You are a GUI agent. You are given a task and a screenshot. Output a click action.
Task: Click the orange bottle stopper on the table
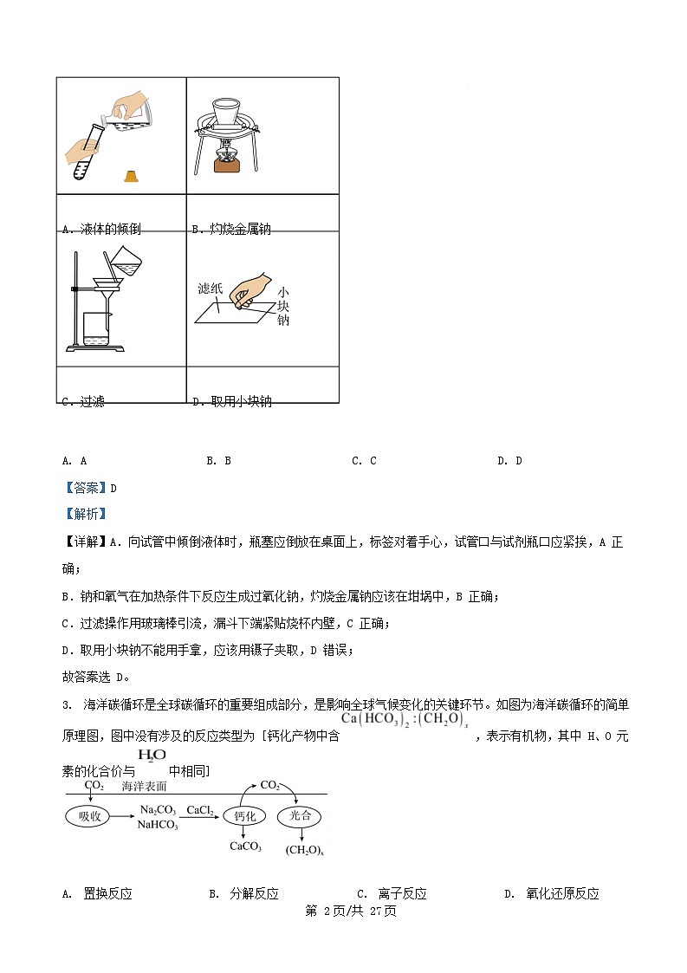tap(132, 176)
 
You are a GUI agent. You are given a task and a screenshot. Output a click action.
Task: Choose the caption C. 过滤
tap(83, 402)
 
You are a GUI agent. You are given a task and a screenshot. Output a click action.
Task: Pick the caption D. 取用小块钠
tap(231, 402)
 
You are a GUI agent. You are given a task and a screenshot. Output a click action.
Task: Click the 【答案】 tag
tap(84, 488)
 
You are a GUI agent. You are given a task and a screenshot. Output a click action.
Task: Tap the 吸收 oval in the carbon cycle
tap(90, 816)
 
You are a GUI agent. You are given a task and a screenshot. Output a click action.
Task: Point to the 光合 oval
tap(300, 816)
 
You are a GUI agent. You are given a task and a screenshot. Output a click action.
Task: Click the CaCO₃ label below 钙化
tap(245, 847)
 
